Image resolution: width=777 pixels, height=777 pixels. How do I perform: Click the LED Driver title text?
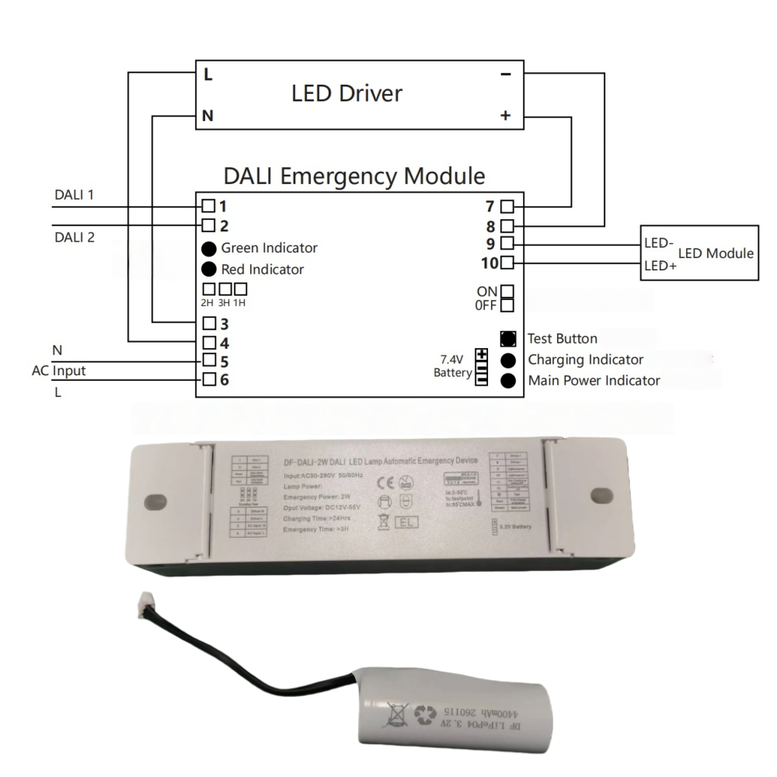tap(347, 95)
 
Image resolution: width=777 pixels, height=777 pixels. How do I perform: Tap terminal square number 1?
tap(208, 207)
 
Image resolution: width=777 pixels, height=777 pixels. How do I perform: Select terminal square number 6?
tap(208, 380)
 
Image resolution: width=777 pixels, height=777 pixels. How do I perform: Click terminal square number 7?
tap(507, 207)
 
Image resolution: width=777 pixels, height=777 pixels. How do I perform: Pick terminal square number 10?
tap(507, 262)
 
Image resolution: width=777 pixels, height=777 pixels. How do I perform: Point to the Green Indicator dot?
tap(208, 249)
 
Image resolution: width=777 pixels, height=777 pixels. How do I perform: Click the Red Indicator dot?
tap(208, 270)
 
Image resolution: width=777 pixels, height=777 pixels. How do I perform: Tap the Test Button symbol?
tap(508, 339)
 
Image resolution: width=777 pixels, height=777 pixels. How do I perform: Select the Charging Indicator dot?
tap(508, 360)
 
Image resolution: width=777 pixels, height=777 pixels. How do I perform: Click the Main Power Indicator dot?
tap(508, 381)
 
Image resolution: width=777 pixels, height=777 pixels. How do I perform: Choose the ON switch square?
tap(507, 291)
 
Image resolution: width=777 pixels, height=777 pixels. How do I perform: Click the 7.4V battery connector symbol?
tap(482, 367)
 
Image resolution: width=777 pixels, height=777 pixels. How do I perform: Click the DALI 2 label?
tap(75, 237)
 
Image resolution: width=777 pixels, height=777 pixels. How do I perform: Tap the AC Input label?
tap(58, 371)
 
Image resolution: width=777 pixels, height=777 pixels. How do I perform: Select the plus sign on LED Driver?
tap(506, 117)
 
